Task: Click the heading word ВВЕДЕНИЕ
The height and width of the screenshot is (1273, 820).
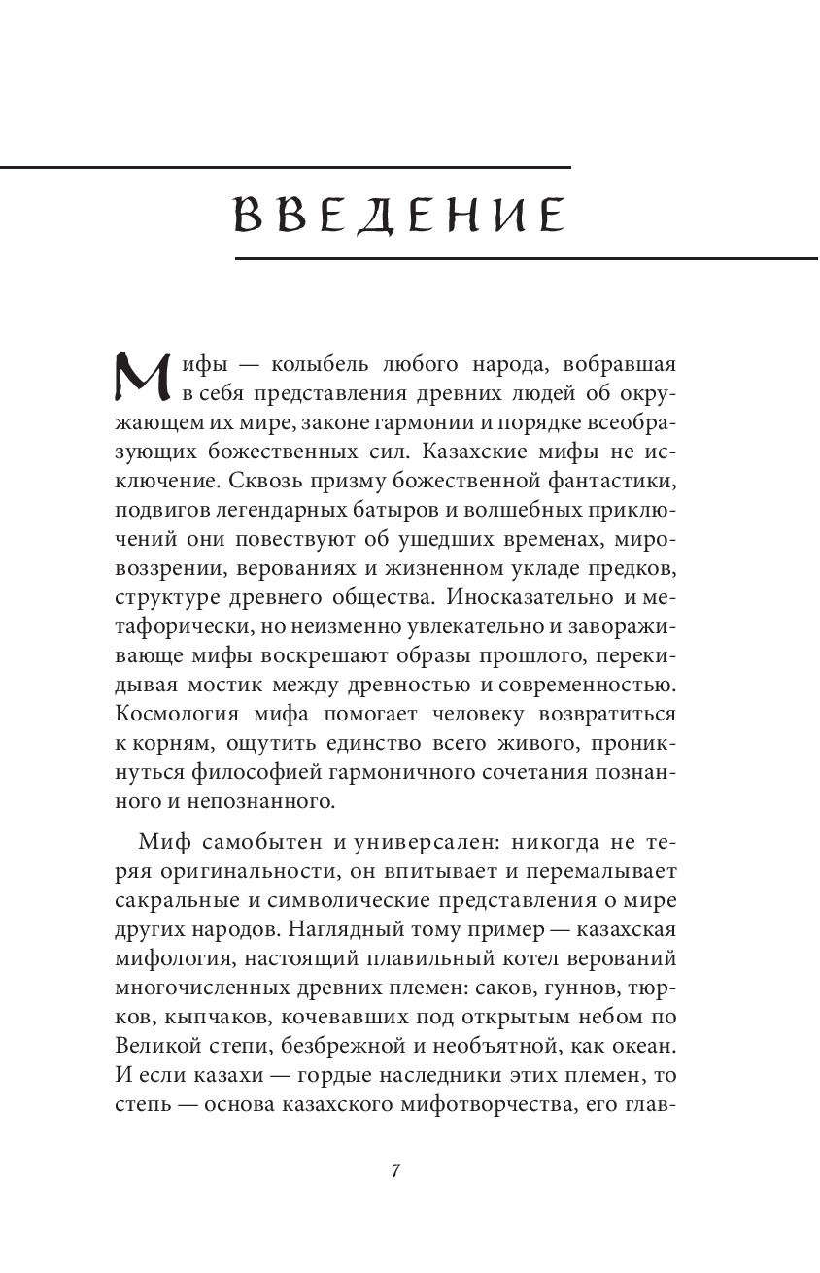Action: click(399, 215)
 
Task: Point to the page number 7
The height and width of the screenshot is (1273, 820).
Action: click(395, 1170)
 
